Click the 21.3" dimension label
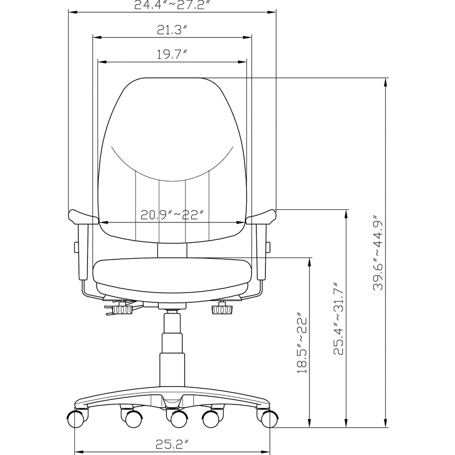[x=171, y=30]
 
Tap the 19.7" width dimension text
[x=171, y=54]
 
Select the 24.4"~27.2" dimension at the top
[x=172, y=5]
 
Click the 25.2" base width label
[x=172, y=444]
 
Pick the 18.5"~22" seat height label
[x=302, y=343]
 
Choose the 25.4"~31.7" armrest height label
[x=338, y=318]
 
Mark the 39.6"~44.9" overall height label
[x=378, y=252]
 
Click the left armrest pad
[x=83, y=217]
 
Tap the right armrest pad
[x=261, y=217]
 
